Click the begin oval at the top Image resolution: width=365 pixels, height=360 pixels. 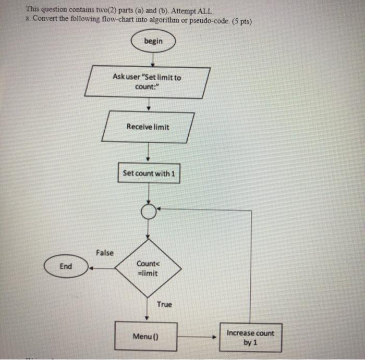[153, 41]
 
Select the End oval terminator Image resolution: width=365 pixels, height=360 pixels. [66, 266]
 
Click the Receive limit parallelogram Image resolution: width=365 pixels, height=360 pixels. [148, 127]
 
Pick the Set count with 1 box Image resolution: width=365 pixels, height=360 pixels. [149, 173]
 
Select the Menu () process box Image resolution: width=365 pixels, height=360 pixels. [147, 336]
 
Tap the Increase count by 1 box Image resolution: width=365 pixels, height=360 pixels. [250, 338]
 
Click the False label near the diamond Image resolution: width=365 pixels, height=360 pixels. [105, 253]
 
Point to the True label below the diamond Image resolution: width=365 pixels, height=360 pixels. [164, 304]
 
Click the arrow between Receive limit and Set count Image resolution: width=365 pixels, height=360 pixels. [149, 153]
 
